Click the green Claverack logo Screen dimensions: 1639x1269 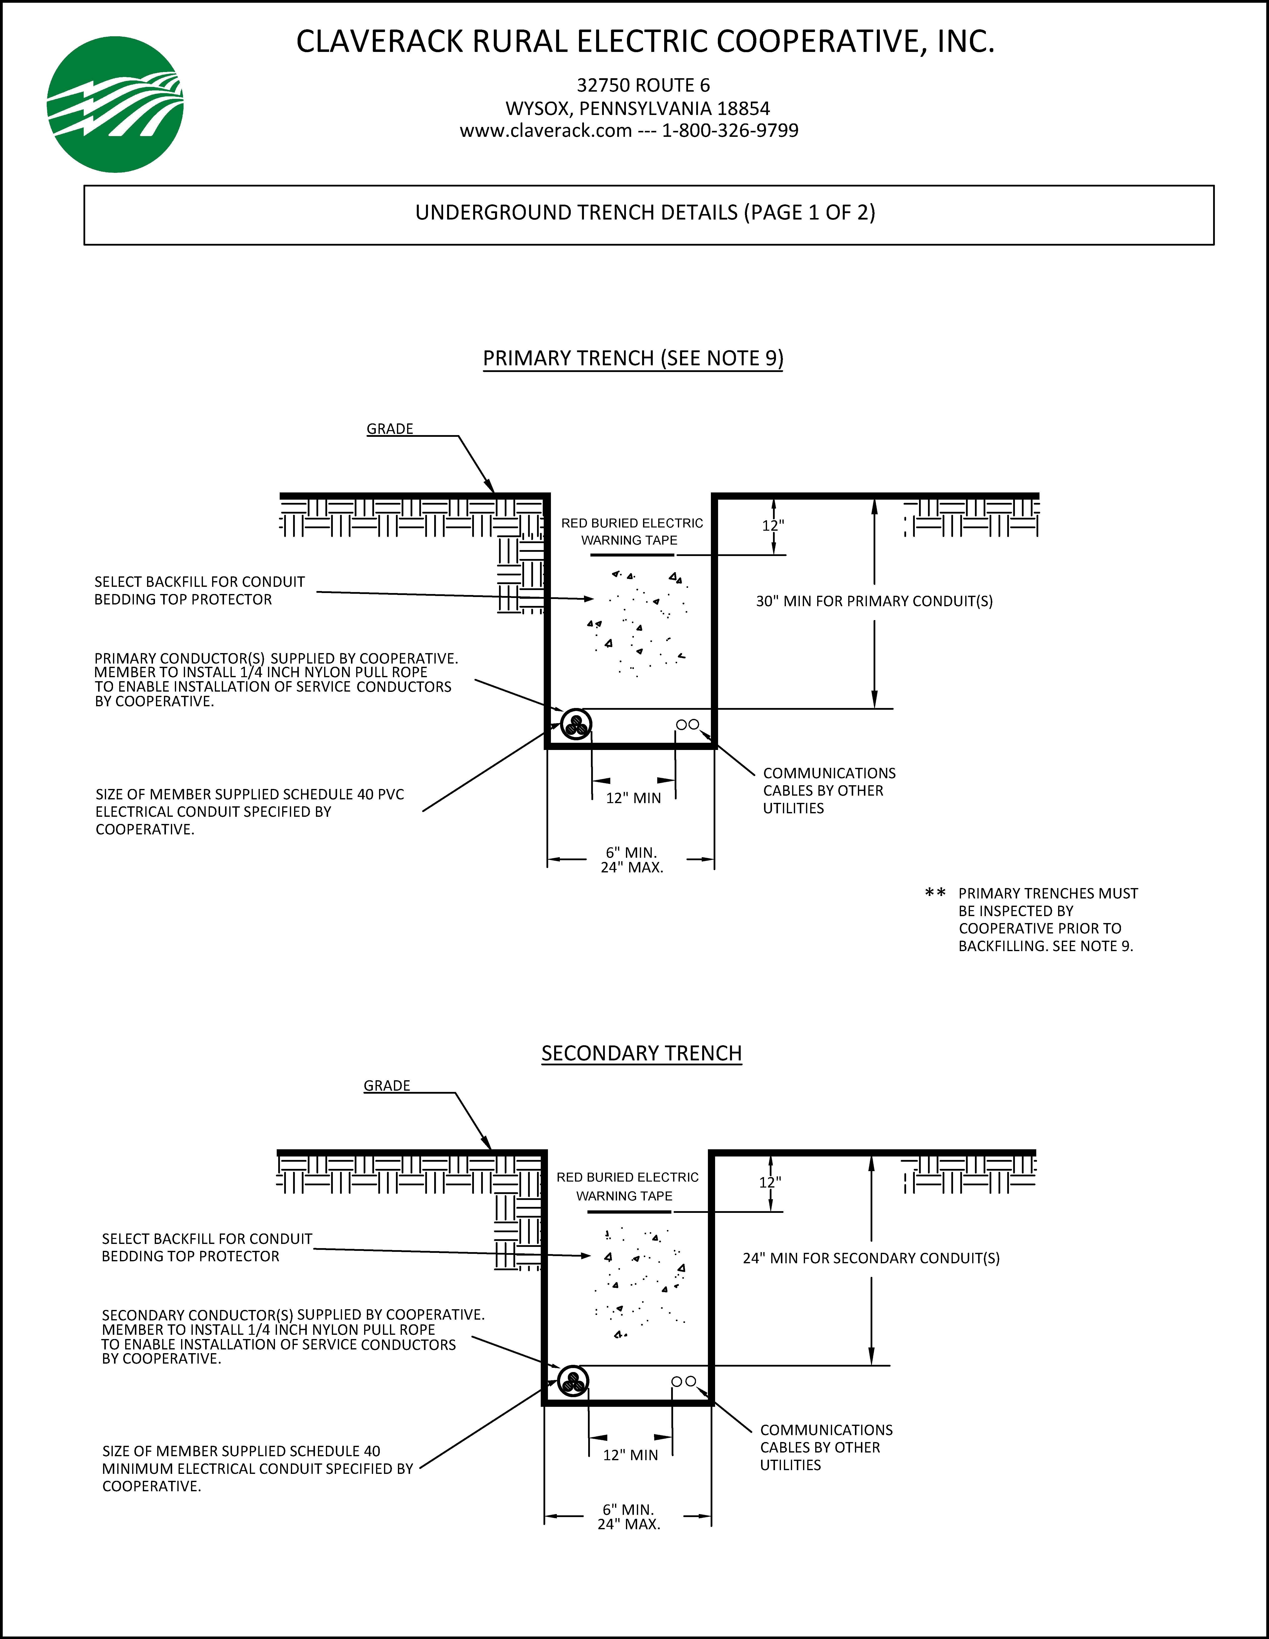click(115, 104)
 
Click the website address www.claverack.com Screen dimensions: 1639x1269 click(545, 131)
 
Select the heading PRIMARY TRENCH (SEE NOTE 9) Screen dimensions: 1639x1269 click(633, 359)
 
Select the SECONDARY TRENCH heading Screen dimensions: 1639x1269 click(642, 1054)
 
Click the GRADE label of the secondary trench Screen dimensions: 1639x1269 click(386, 1086)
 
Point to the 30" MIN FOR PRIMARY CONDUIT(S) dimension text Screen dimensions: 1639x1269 click(874, 601)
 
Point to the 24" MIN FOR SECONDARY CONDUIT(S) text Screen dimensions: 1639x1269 click(871, 1259)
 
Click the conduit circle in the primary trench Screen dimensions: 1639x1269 click(576, 724)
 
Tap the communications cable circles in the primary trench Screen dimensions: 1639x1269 click(688, 725)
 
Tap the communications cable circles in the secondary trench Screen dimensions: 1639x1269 click(684, 1381)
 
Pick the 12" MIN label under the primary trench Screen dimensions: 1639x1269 click(633, 798)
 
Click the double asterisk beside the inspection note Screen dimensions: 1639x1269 click(935, 893)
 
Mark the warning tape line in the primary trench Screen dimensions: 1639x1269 click(632, 555)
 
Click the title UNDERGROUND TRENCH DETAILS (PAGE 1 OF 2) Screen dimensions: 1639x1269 click(645, 213)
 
